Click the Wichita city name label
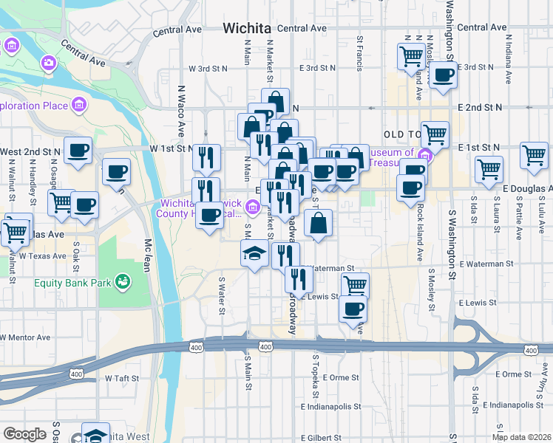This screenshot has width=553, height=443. (247, 28)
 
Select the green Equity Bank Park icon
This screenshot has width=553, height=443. (122, 281)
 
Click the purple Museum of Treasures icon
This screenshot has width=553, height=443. (424, 156)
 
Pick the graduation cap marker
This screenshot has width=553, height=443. (254, 253)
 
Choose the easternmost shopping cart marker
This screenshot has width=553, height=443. (534, 154)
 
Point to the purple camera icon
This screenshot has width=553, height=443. (50, 63)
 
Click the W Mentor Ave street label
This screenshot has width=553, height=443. (26, 337)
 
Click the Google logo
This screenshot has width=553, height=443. (24, 433)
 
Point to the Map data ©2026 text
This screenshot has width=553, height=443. (521, 437)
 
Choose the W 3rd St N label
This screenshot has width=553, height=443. (208, 68)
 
